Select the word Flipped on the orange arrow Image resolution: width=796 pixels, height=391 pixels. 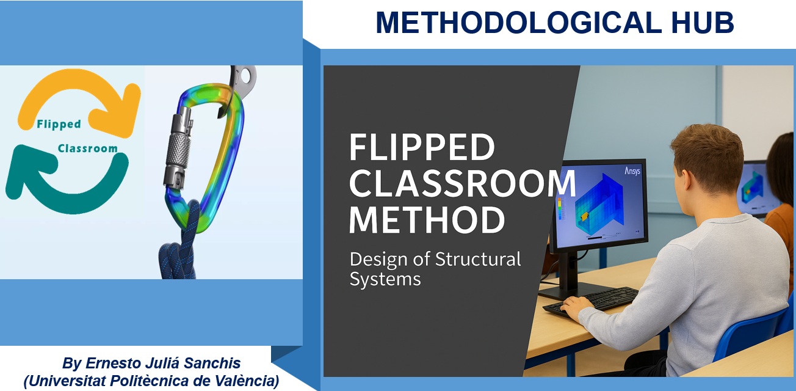tap(59, 125)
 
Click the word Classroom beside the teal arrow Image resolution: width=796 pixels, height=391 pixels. tap(88, 148)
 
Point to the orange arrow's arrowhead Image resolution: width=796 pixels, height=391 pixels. tap(117, 111)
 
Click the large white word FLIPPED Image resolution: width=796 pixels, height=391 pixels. tap(422, 147)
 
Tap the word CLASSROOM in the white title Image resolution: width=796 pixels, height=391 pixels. tap(462, 183)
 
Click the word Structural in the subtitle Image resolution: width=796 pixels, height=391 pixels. tap(478, 259)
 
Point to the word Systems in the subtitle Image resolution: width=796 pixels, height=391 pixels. tap(385, 279)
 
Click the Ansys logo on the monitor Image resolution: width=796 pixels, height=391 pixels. tap(632, 171)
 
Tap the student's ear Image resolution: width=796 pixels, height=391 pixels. tap(684, 176)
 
